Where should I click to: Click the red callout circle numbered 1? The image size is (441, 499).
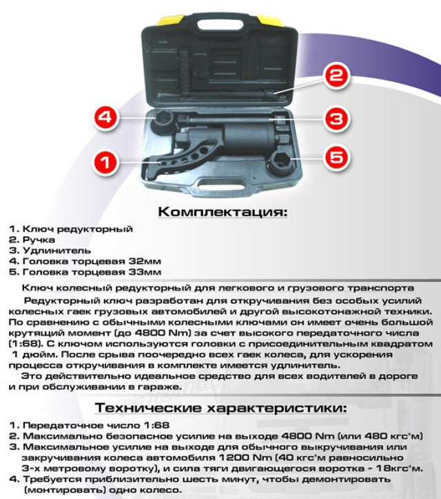point(105,162)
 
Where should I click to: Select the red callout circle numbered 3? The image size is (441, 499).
point(336,119)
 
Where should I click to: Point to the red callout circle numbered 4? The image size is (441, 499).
point(106,117)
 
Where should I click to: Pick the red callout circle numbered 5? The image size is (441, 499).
point(336,157)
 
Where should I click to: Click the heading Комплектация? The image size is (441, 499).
point(223,212)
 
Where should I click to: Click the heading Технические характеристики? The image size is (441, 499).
point(220,408)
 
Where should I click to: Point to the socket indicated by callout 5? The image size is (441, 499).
point(280,162)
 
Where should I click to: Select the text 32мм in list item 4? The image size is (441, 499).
point(145,262)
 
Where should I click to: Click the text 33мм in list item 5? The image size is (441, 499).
point(145,272)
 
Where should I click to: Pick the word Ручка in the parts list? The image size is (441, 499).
point(39,240)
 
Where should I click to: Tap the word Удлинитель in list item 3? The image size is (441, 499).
point(57,251)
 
